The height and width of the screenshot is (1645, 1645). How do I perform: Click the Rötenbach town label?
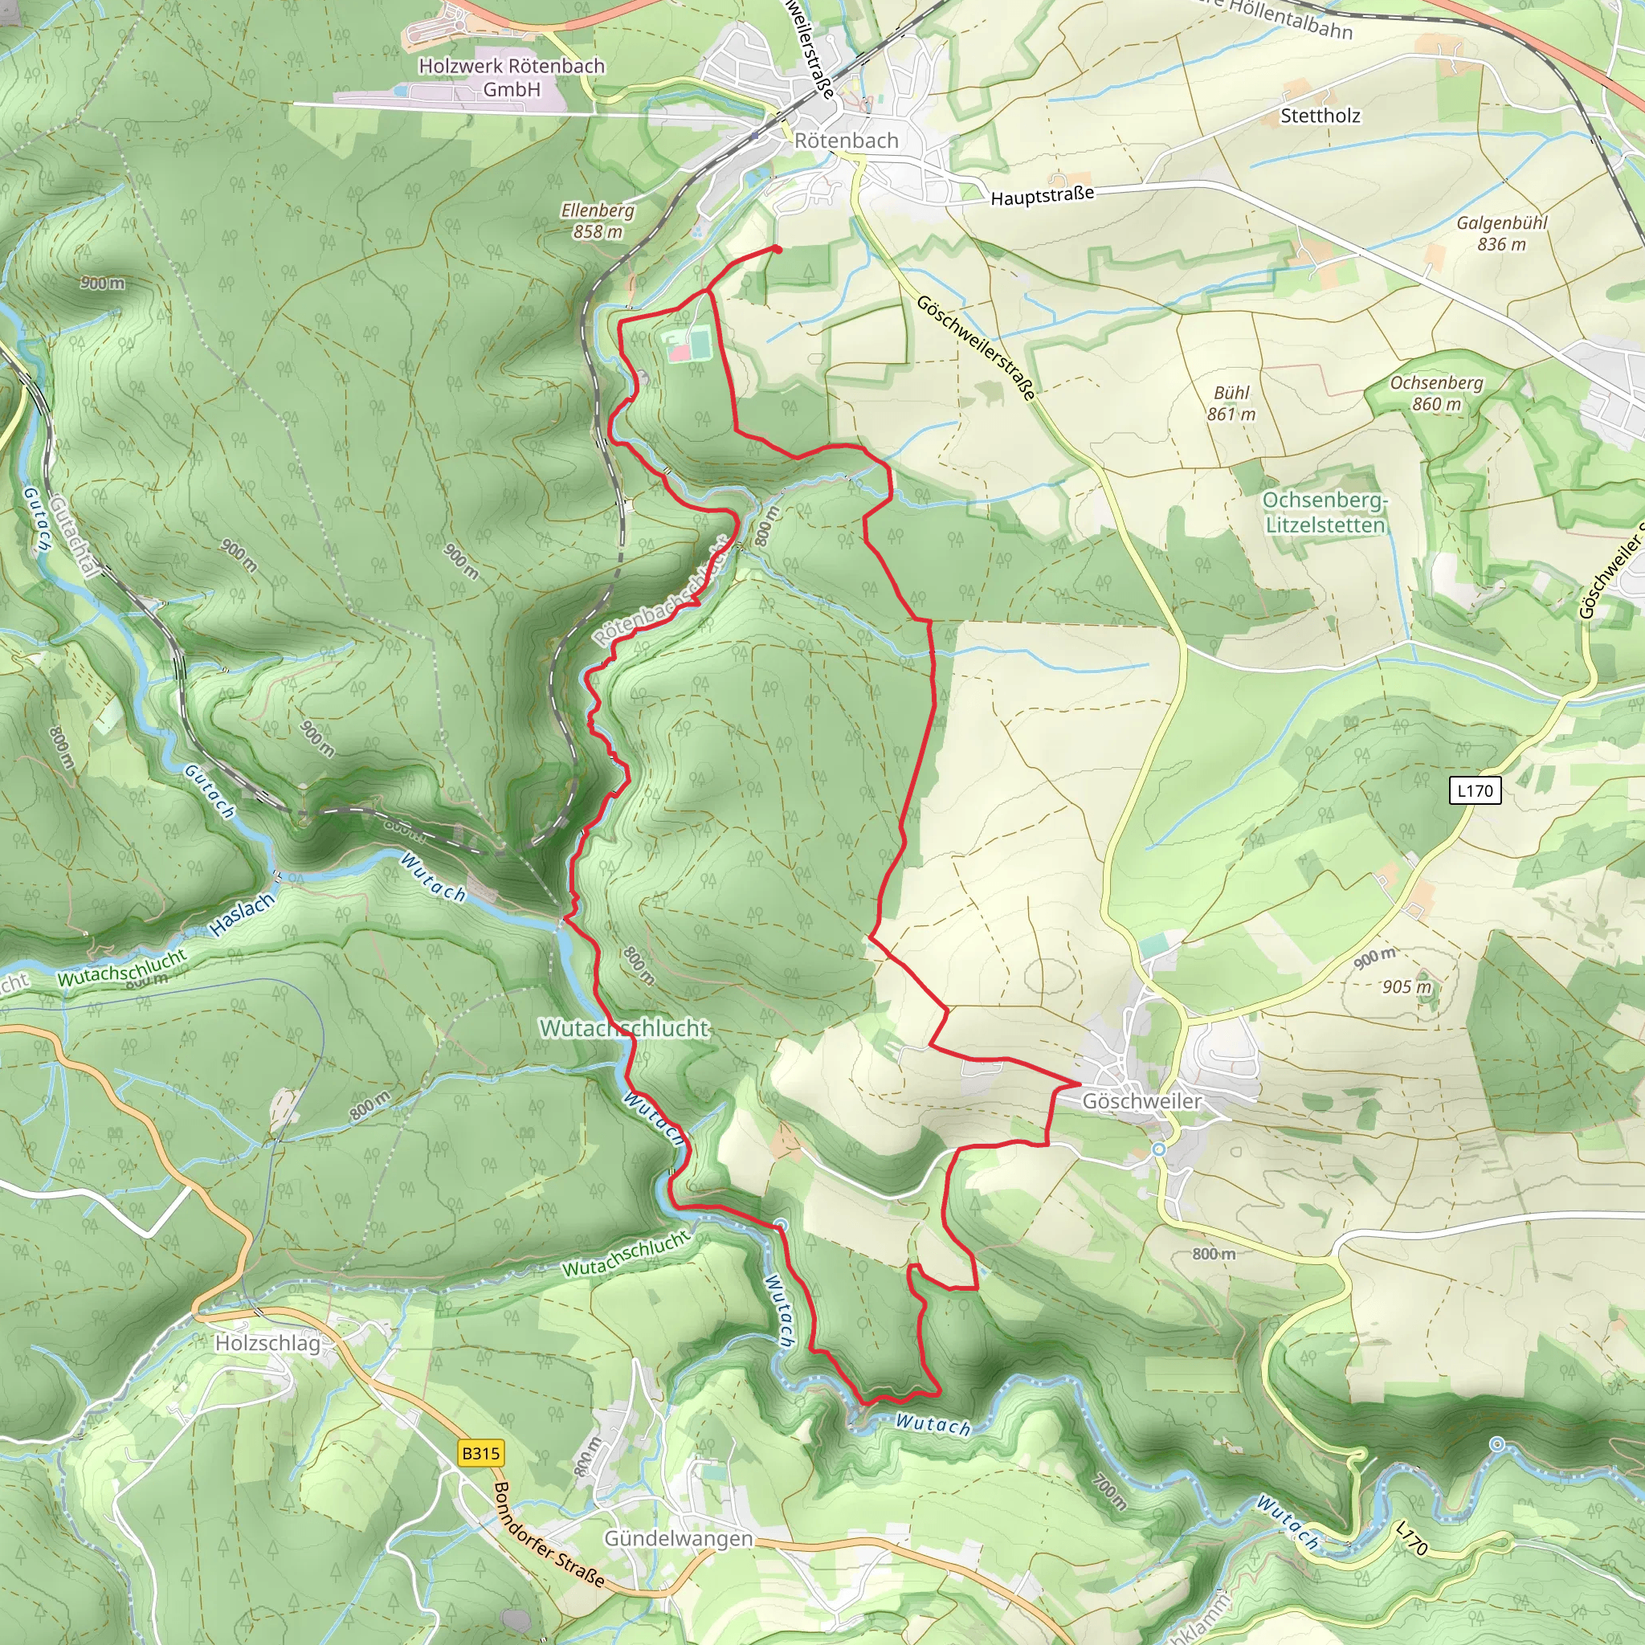point(846,141)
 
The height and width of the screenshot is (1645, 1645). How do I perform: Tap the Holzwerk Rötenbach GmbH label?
point(511,77)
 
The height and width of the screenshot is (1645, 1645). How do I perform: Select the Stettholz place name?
point(1320,116)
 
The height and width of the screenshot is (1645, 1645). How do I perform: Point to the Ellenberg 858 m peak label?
point(597,221)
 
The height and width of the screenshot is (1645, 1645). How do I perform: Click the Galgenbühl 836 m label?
point(1501,233)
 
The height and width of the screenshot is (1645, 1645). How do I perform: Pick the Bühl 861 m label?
point(1231,403)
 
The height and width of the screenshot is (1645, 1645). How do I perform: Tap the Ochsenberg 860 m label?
point(1436,394)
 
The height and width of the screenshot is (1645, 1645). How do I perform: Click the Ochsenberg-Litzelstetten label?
point(1325,512)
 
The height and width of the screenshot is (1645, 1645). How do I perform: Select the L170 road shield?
point(1475,790)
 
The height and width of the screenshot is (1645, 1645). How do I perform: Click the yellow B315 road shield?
point(480,1452)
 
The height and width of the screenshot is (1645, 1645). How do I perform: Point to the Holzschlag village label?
point(267,1343)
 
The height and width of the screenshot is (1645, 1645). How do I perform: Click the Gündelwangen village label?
point(679,1538)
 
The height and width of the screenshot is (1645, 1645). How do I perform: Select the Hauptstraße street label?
point(1041,195)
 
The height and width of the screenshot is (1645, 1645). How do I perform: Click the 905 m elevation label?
point(1406,987)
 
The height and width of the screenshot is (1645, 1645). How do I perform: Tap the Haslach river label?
point(243,914)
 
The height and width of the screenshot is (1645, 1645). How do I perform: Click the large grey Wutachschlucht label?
point(623,1029)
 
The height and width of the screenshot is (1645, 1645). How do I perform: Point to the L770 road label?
point(1410,1540)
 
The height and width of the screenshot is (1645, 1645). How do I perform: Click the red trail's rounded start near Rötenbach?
point(778,249)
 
